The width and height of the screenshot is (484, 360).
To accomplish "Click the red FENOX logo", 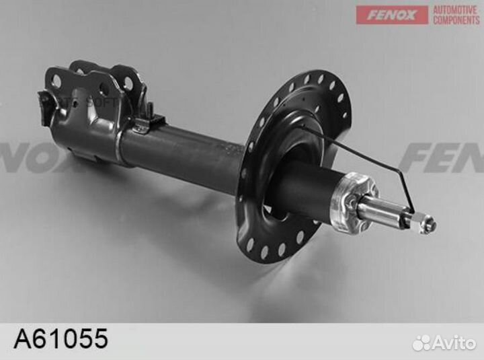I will tap(392, 15).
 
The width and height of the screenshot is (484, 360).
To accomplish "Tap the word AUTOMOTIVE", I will tap(456, 9).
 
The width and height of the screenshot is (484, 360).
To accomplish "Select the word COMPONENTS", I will tap(456, 20).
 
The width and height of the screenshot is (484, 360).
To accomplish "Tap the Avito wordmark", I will tap(454, 343).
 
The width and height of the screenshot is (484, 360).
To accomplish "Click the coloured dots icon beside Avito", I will tap(421, 343).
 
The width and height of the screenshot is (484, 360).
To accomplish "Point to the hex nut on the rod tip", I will tap(421, 222).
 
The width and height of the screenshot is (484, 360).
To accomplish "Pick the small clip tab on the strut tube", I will tap(151, 122).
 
